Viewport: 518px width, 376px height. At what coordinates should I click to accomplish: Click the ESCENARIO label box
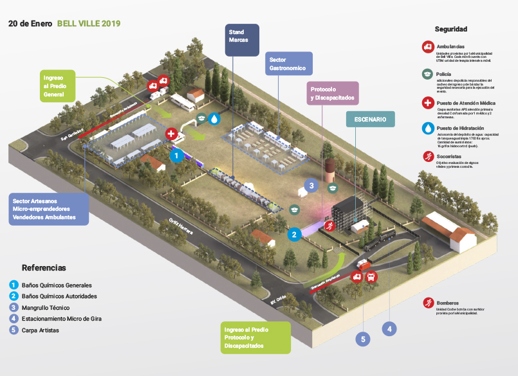click(x=370, y=120)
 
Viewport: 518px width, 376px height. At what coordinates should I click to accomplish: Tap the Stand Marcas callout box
click(x=242, y=40)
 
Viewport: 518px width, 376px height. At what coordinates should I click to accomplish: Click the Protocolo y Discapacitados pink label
click(x=332, y=93)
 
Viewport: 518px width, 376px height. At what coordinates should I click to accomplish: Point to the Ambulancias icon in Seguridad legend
click(x=427, y=47)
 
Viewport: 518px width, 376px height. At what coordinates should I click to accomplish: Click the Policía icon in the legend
click(x=427, y=75)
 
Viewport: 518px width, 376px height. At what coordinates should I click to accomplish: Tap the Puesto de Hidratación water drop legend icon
click(x=427, y=129)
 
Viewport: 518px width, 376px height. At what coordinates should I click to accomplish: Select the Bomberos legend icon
click(x=427, y=303)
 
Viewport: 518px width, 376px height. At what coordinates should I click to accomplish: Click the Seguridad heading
click(x=450, y=29)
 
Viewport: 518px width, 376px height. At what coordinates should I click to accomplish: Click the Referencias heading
click(x=44, y=267)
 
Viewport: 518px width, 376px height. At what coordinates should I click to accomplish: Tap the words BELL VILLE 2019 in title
click(x=88, y=23)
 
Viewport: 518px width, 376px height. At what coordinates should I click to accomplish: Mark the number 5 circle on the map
click(x=363, y=339)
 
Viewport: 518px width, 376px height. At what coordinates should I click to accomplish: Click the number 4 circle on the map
click(x=388, y=328)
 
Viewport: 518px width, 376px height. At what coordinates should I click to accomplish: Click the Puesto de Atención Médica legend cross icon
click(x=427, y=103)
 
